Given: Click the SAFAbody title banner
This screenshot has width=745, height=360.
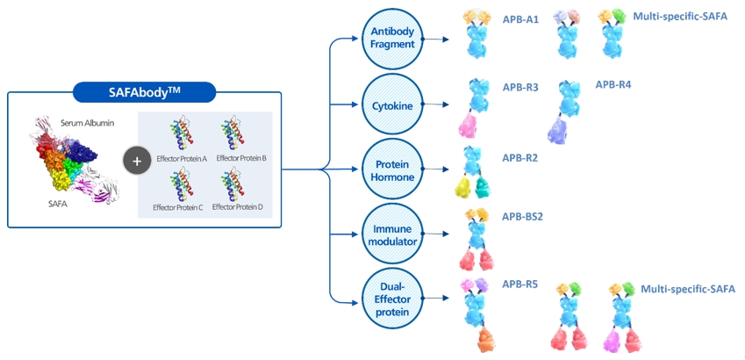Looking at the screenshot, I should pos(144,92).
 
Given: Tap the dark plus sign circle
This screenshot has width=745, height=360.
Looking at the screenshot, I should pos(136,161).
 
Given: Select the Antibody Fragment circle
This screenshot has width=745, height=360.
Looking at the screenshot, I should pos(392,37).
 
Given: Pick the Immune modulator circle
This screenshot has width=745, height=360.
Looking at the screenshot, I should pos(392,233).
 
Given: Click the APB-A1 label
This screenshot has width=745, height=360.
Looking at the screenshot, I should pos(520,19).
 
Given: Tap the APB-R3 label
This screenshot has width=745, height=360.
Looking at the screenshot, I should pos(520,88).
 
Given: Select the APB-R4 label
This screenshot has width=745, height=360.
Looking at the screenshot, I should pos(613,84).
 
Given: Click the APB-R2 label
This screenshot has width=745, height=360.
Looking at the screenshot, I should pos(520,159).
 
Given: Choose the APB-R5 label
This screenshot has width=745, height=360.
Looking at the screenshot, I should pos(520,284).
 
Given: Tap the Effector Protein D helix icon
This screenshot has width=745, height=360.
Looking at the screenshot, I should pos(233,185).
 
